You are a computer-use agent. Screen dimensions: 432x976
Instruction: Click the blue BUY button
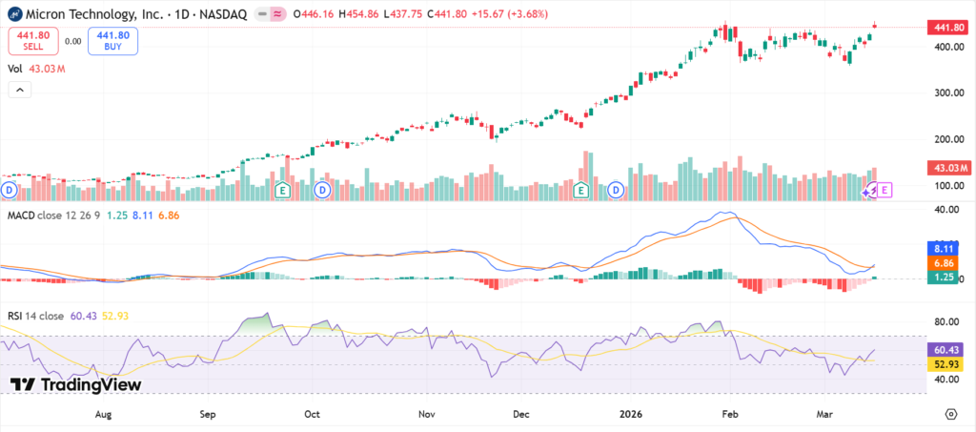pos(112,41)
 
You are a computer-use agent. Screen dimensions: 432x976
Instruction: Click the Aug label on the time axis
pos(104,415)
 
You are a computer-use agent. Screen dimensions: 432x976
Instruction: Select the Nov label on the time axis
pos(426,415)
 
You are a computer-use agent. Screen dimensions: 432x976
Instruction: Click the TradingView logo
pos(76,384)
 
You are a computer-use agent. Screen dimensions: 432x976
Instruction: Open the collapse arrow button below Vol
pos(20,90)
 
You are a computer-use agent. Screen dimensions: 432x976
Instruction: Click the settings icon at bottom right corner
pos(950,414)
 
